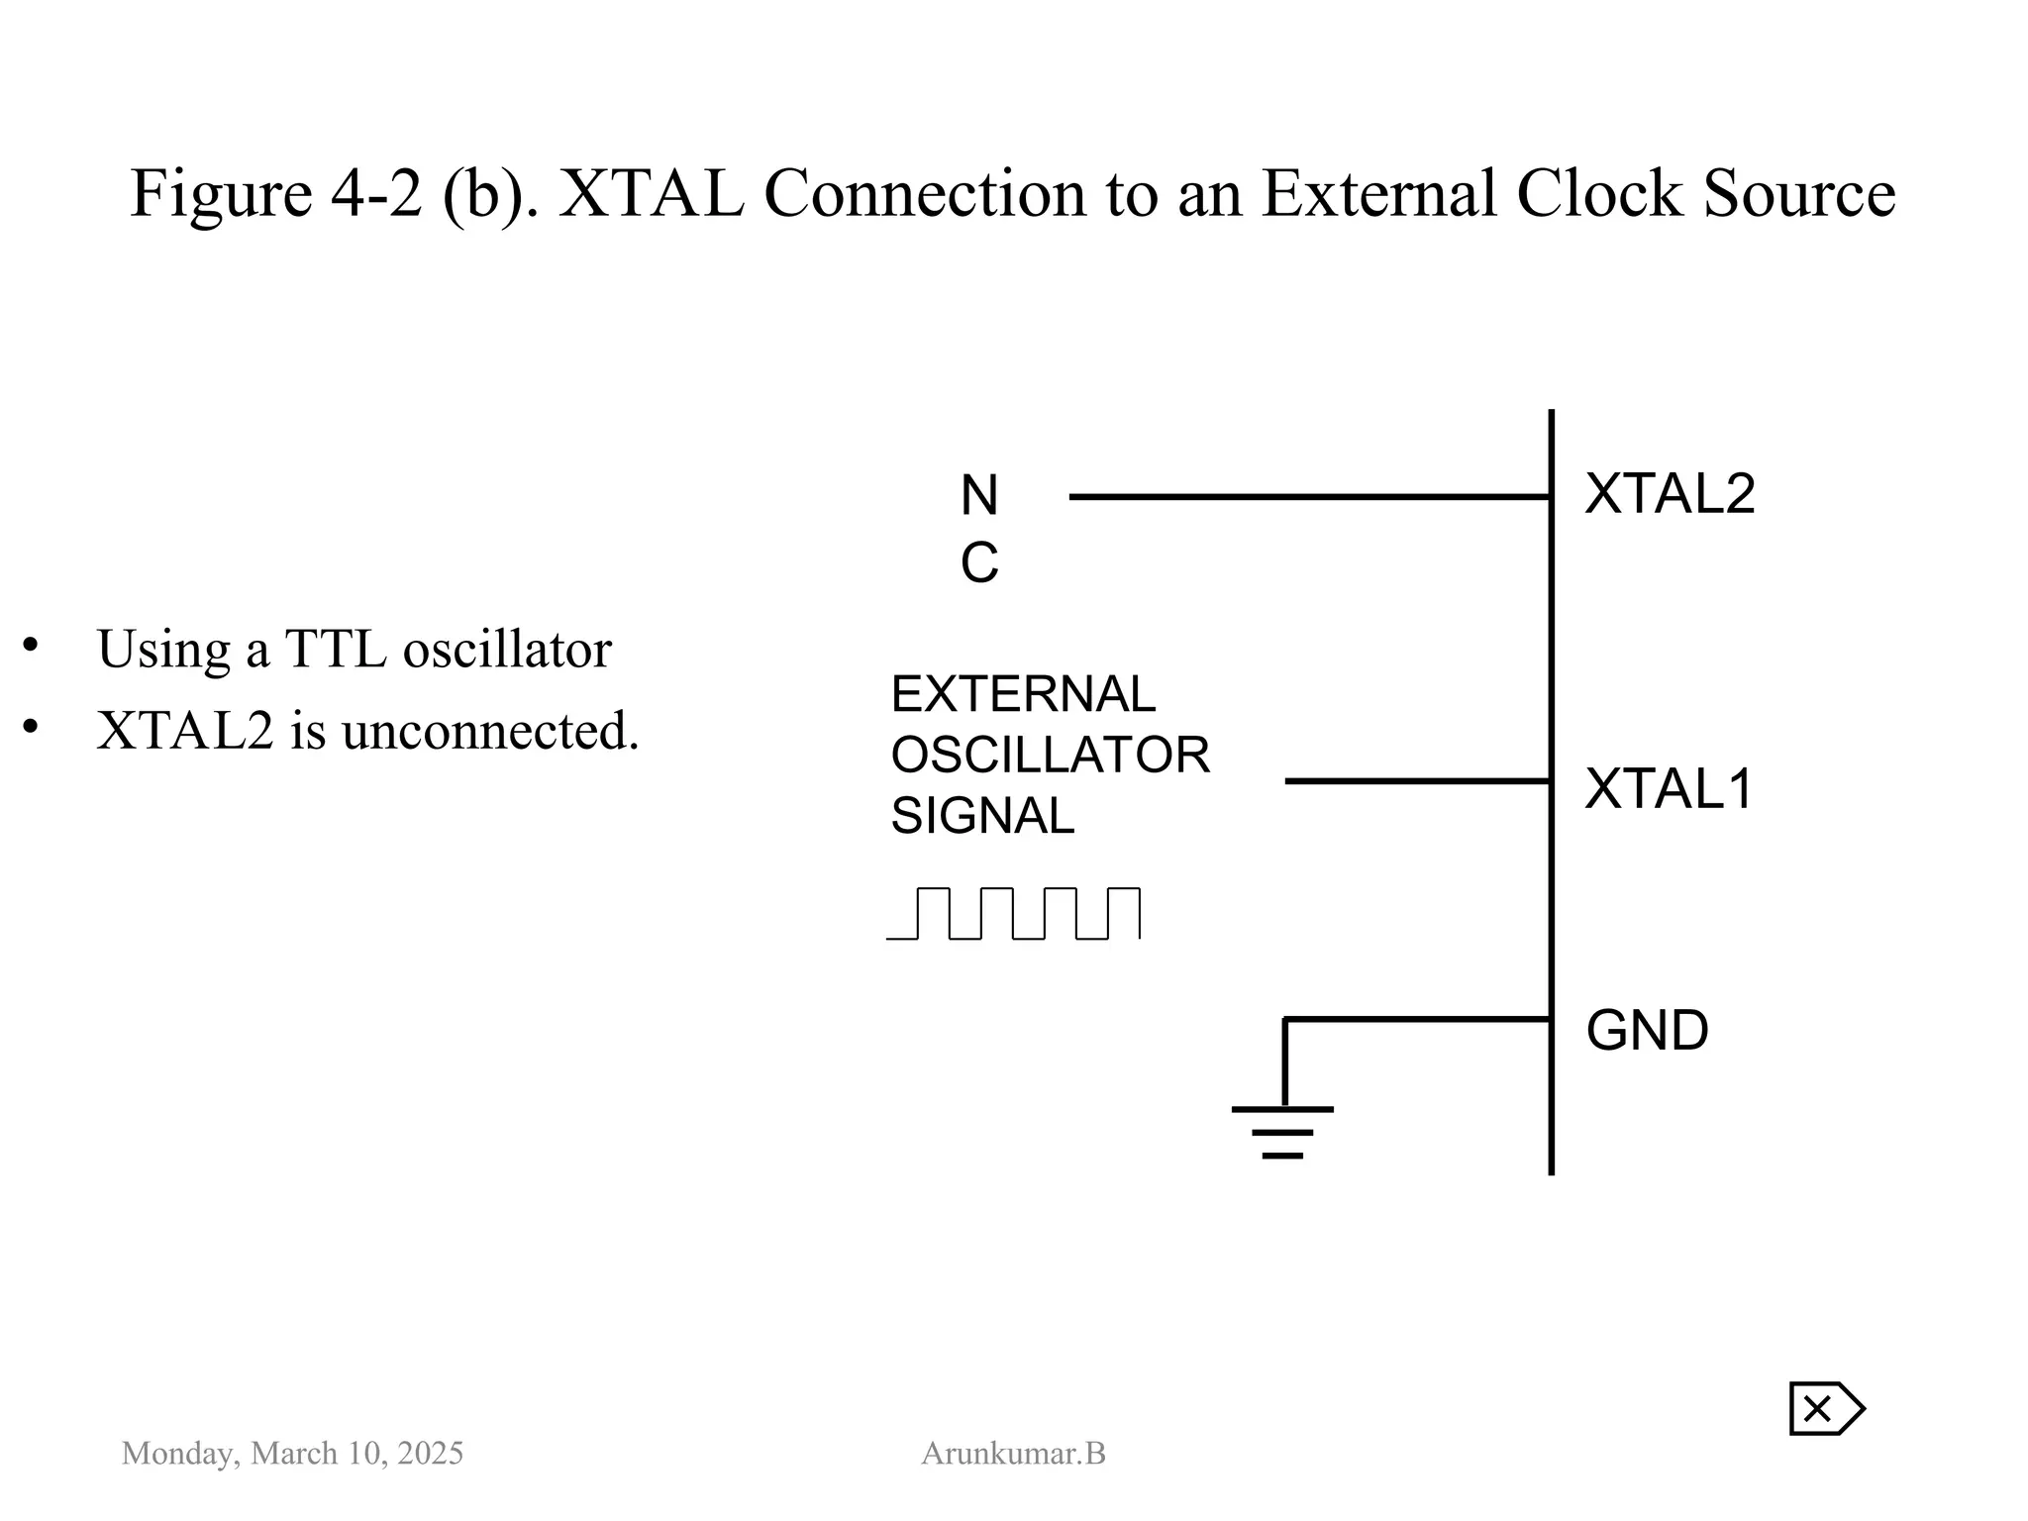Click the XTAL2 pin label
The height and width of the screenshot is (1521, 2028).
pos(1670,493)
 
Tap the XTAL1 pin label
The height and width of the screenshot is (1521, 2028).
pos(1670,789)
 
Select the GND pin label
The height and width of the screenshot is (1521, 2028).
pos(1647,1031)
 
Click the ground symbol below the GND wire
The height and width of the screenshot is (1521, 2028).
pos(1282,1131)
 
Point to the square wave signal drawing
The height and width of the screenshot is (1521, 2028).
pos(1013,913)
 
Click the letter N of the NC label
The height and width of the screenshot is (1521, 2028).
pos(979,495)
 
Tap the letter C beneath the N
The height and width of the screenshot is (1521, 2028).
pos(979,563)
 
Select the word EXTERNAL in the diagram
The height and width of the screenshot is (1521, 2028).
pos(1023,694)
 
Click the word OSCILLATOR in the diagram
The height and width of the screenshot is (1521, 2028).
pos(1050,756)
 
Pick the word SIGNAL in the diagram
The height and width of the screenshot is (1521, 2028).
pos(982,817)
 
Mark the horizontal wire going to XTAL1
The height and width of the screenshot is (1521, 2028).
pos(1416,781)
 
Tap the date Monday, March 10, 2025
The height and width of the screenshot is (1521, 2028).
pos(292,1454)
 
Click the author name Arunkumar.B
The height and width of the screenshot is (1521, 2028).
pos(1013,1454)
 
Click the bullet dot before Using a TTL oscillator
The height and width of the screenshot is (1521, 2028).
pos(31,646)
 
